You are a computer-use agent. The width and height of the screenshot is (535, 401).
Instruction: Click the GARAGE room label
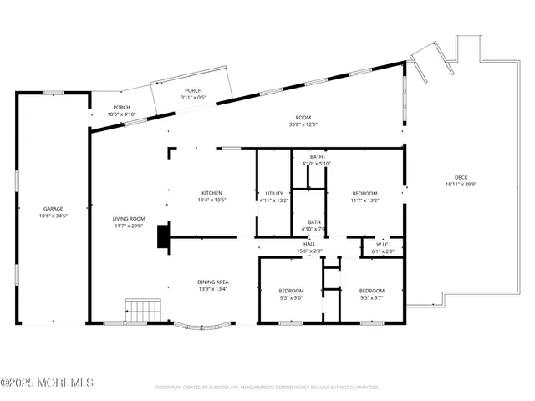coord(53,209)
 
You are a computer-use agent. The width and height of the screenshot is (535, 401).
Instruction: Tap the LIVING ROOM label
coord(129,219)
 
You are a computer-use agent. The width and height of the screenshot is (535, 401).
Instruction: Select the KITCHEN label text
coord(211,193)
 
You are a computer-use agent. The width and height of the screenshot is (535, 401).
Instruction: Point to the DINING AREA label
coord(213,282)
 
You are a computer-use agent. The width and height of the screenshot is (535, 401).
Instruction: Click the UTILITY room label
coord(274,193)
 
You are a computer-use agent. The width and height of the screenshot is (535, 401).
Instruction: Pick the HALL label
coord(309,244)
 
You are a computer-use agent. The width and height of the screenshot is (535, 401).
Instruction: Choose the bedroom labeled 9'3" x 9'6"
coord(290,293)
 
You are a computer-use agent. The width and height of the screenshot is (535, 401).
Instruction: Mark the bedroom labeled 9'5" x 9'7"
coord(371,293)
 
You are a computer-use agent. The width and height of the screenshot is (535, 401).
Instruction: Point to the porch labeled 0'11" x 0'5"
coord(193,94)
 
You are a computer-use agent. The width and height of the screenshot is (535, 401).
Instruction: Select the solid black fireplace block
coord(162,236)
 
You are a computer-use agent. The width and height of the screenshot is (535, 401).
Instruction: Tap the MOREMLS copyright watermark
coord(47,383)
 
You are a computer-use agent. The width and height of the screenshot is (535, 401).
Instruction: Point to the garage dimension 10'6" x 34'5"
coord(53,216)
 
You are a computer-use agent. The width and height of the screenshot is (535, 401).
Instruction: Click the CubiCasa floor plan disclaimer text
coord(267,388)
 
